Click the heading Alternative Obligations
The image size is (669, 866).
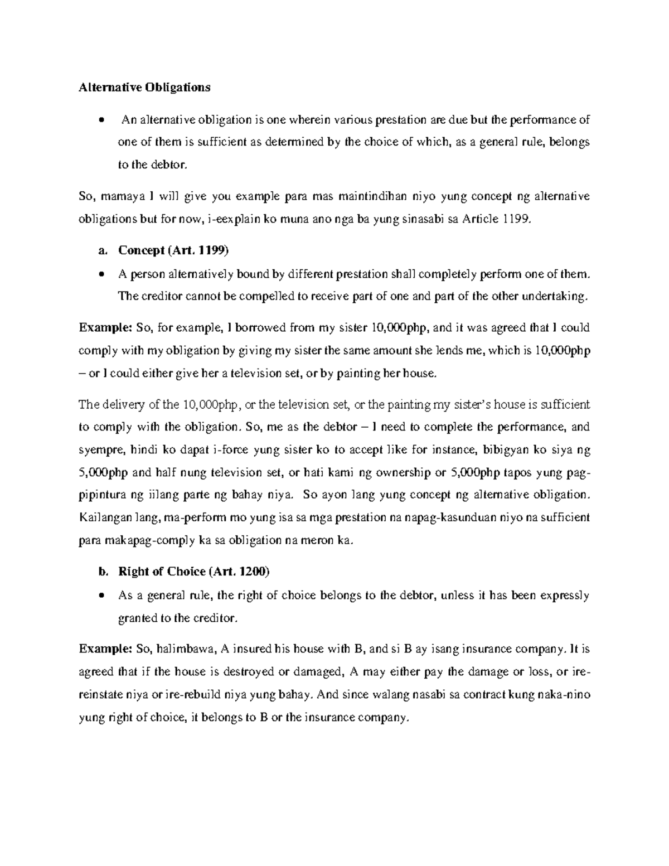[144, 87]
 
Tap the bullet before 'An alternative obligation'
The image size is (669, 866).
[101, 120]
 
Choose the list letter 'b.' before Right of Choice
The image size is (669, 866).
[101, 572]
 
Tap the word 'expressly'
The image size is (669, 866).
[564, 595]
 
